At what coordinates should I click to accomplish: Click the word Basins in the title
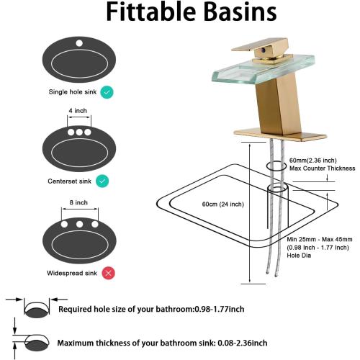241,12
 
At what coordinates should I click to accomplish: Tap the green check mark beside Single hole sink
107,92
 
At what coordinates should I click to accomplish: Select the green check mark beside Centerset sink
102,181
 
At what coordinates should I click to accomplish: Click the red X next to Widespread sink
108,273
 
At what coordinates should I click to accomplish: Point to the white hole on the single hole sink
79,43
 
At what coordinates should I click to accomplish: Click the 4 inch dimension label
78,111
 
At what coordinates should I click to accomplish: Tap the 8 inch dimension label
78,202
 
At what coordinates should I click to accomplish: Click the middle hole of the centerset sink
79,132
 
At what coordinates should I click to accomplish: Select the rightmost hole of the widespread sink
95,225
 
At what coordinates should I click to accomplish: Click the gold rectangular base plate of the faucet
280,134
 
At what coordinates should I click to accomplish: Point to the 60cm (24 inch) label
223,204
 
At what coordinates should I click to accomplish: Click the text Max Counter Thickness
322,168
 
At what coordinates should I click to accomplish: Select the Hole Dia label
299,256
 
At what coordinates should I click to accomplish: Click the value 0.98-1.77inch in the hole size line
220,309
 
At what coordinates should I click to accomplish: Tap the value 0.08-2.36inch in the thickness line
243,343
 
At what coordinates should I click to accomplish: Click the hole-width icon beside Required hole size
37,308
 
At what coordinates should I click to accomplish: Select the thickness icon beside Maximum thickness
30,341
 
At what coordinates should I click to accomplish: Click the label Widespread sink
72,273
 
